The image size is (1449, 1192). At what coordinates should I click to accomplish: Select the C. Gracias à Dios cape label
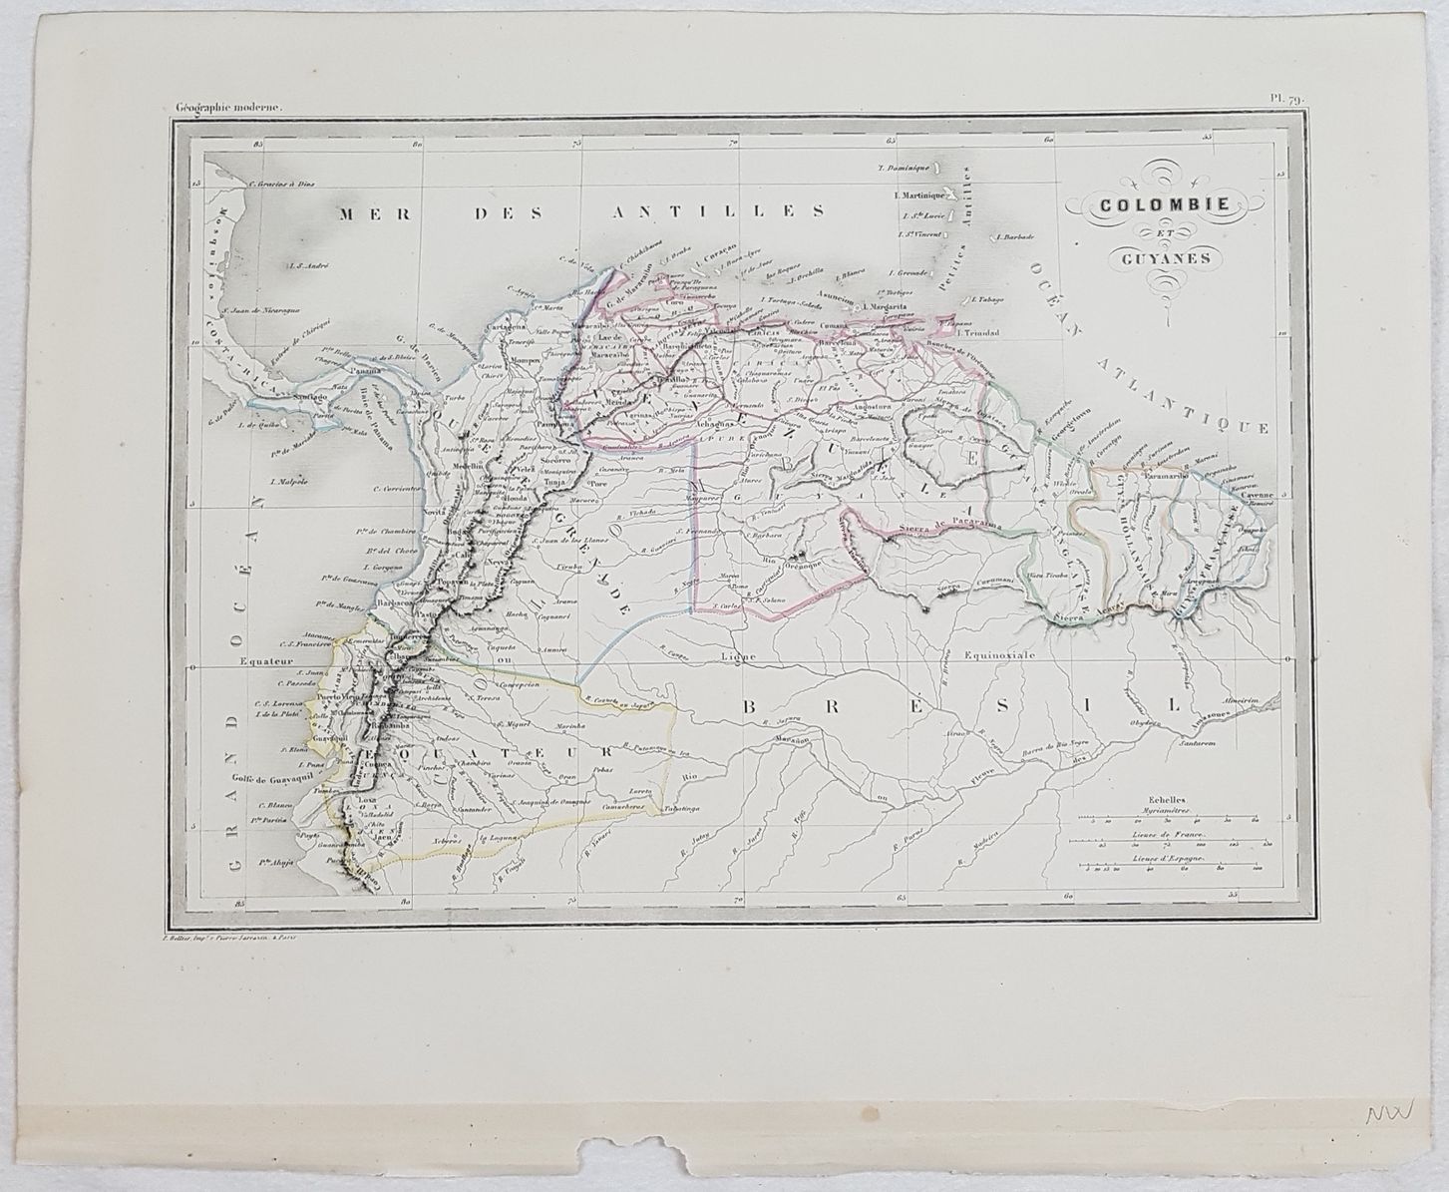click(281, 183)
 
